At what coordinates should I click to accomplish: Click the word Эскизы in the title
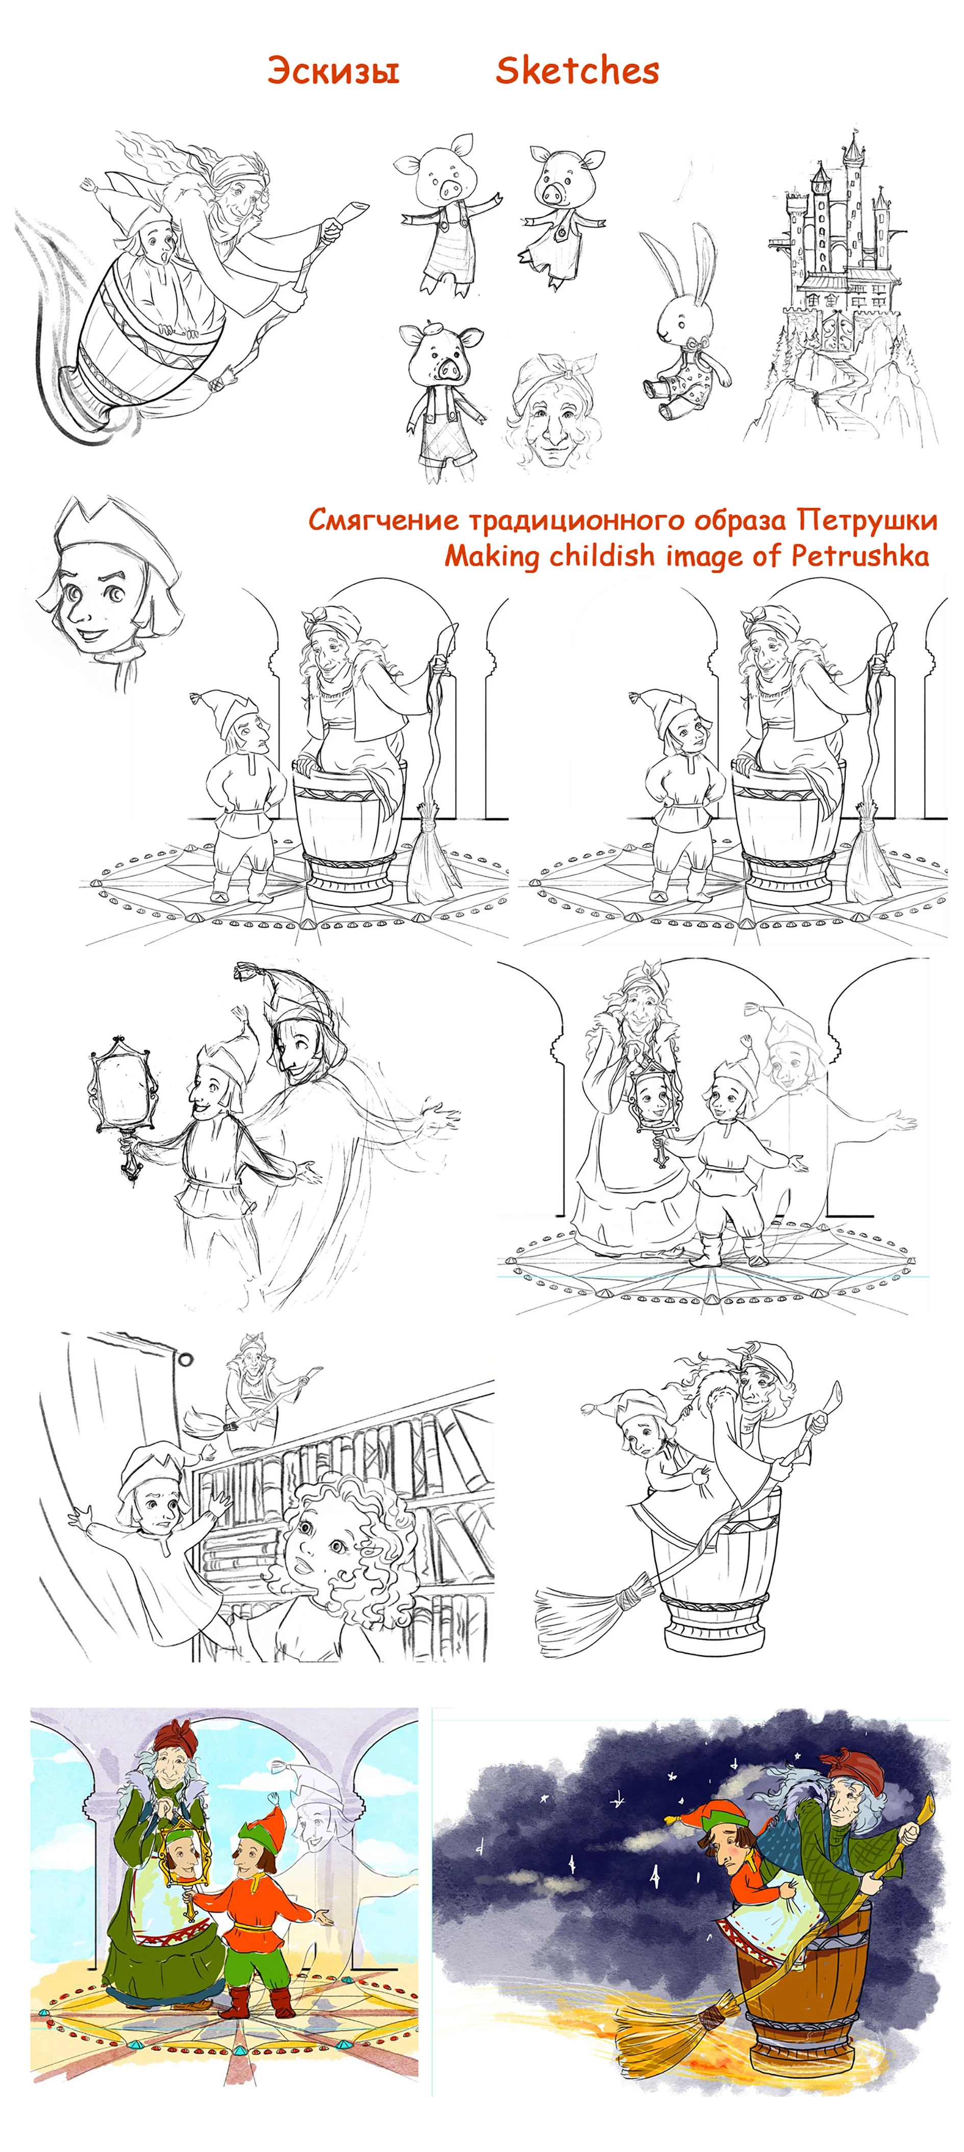click(x=333, y=70)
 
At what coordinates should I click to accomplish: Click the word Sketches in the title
click(x=577, y=70)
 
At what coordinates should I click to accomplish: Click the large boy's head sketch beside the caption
click(x=109, y=589)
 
